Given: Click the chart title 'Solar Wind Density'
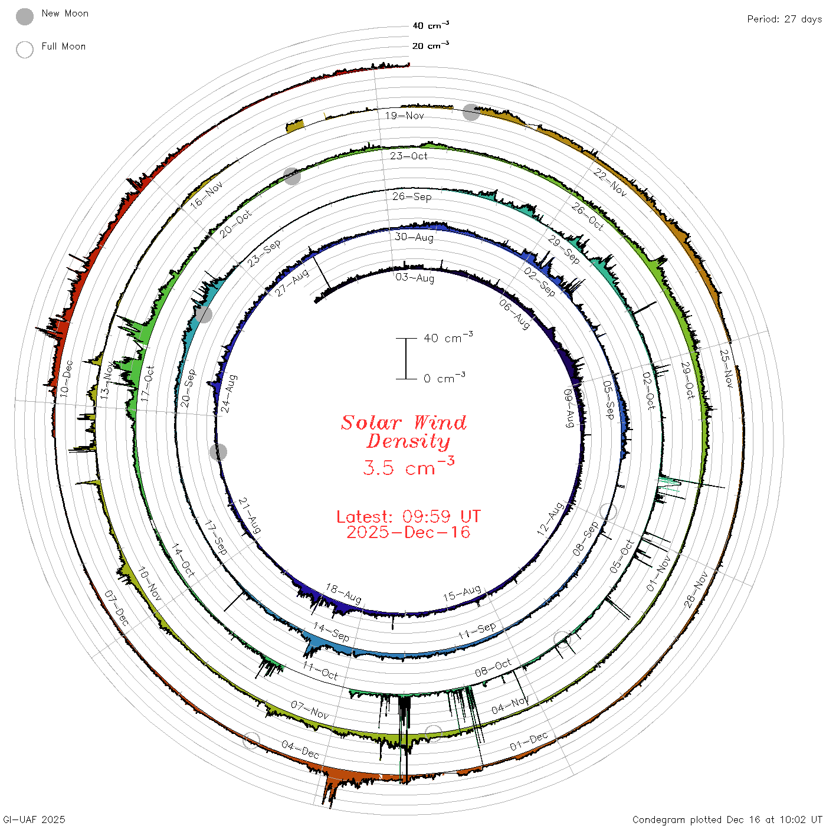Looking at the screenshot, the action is (404, 432).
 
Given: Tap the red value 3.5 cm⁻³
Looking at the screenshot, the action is (408, 466).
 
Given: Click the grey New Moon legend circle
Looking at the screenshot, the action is (25, 17).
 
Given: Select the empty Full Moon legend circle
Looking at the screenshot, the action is (25, 50).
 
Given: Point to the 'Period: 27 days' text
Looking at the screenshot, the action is (785, 19).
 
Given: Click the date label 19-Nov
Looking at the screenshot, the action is (404, 116).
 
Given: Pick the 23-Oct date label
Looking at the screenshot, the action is (408, 156).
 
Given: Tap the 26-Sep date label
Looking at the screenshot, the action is (411, 196).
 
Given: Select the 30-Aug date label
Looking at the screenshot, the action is (414, 237).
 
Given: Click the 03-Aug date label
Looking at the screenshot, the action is (415, 277).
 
